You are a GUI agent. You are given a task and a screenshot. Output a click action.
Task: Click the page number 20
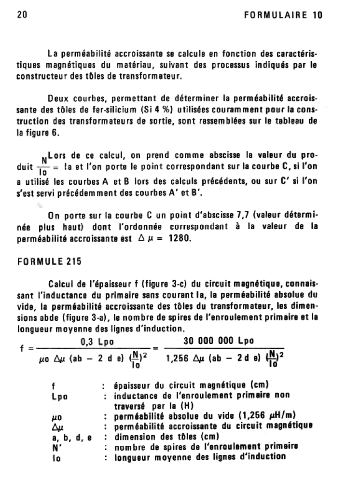pyautogui.click(x=21, y=15)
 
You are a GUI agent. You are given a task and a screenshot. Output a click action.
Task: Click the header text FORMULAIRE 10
pyautogui.click(x=283, y=15)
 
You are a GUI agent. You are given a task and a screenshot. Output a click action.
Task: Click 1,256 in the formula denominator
pyautogui.click(x=177, y=359)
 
